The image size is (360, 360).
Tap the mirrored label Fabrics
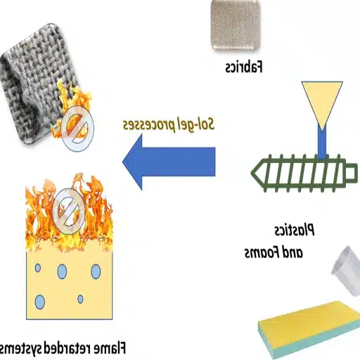click(243, 68)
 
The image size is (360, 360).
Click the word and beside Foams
click(299, 252)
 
